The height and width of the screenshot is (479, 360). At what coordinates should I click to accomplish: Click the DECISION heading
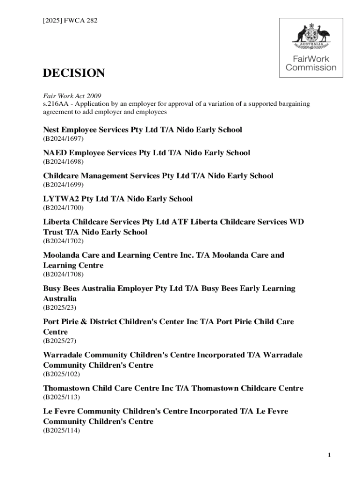(x=74, y=73)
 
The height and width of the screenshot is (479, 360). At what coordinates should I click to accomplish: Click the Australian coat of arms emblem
(x=311, y=36)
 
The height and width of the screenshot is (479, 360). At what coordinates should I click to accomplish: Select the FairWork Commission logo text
(x=311, y=63)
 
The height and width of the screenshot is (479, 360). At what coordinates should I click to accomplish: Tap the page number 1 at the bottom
(x=329, y=456)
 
